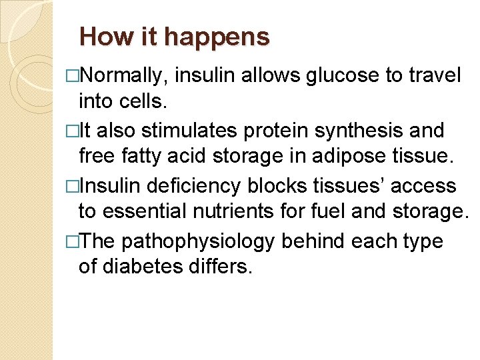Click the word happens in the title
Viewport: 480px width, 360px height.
coord(217,37)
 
